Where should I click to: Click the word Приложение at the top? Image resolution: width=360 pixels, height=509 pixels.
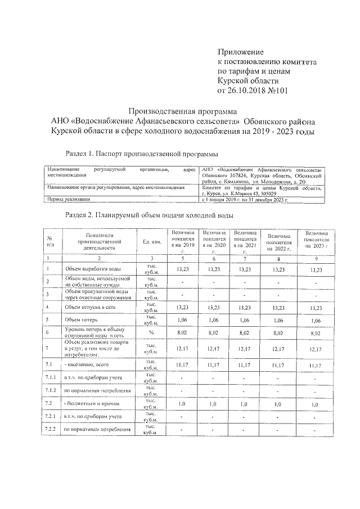[240, 52]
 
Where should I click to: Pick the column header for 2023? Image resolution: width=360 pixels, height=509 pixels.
[316, 241]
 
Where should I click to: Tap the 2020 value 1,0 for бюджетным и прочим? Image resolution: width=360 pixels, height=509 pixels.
[214, 404]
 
